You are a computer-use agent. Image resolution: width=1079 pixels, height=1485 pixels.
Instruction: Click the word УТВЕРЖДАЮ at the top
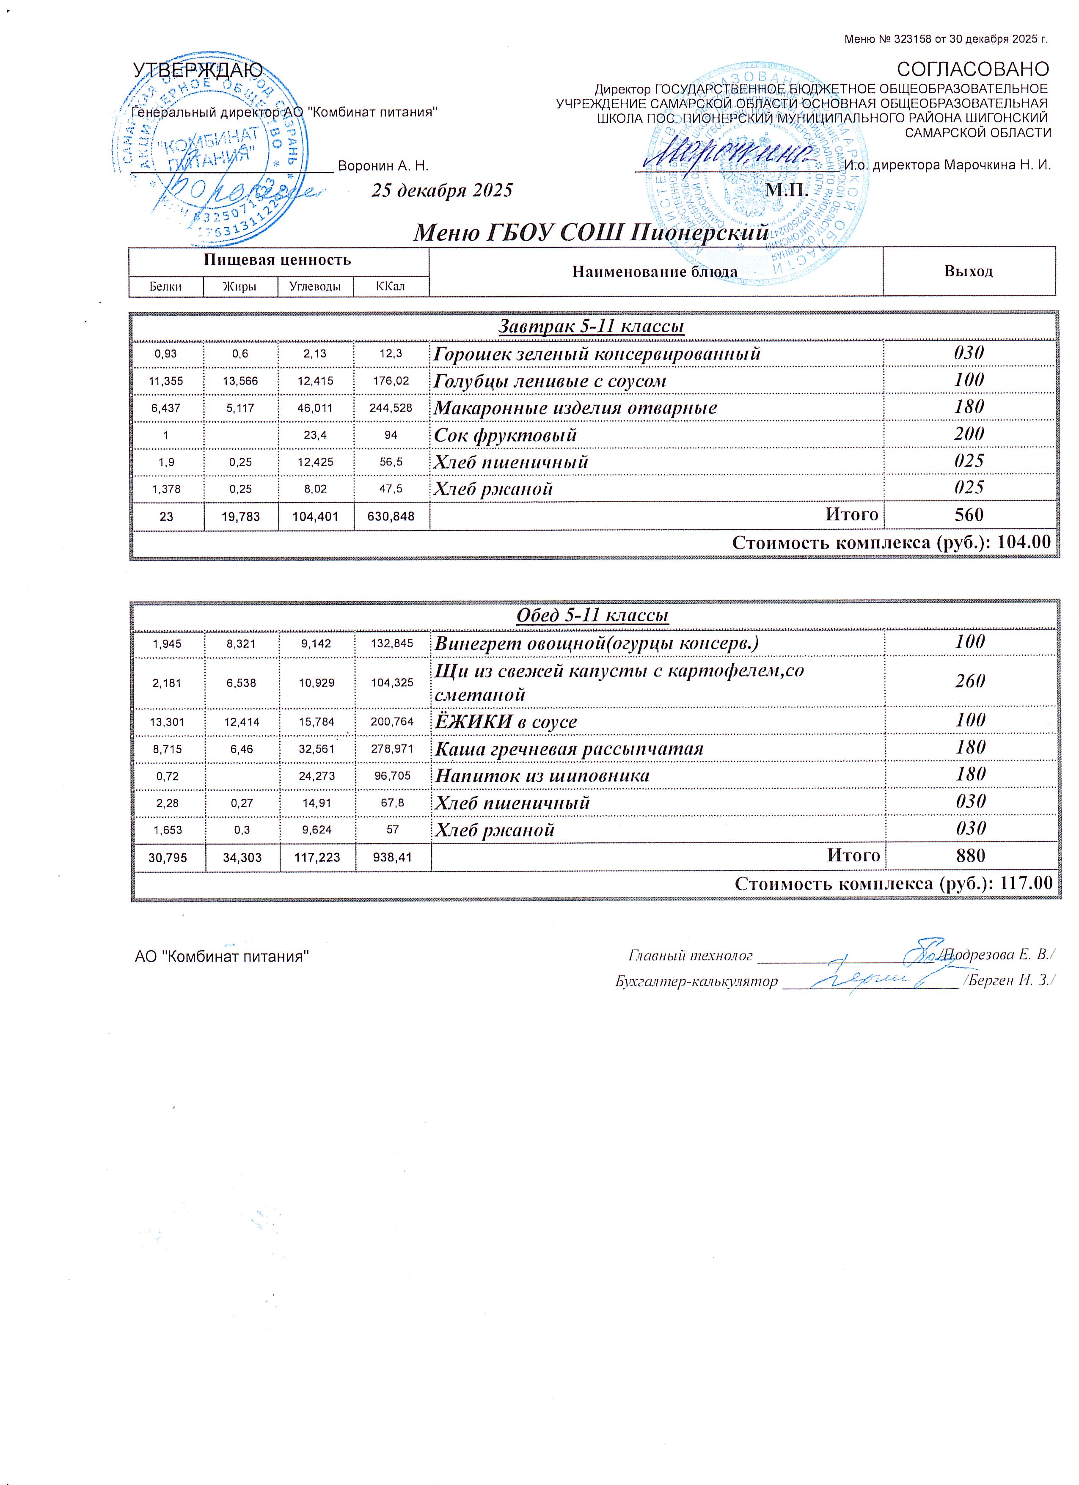(x=198, y=70)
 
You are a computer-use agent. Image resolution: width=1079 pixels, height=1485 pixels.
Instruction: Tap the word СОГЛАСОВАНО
(x=972, y=69)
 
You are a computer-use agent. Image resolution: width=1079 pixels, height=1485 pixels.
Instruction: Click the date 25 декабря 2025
(x=442, y=190)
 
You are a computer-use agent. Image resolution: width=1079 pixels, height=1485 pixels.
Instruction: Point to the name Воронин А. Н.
(x=383, y=166)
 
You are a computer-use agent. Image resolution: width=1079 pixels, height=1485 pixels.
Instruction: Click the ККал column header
(x=391, y=286)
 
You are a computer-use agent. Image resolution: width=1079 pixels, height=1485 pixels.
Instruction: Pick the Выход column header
(x=969, y=271)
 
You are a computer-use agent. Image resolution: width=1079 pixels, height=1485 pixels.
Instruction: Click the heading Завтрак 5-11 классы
(x=592, y=326)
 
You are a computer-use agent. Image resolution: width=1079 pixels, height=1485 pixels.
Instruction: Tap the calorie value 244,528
(x=391, y=408)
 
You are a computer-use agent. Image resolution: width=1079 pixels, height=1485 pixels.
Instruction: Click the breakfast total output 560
(x=969, y=514)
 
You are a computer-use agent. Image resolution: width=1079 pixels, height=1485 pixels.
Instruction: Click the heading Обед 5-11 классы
(x=592, y=616)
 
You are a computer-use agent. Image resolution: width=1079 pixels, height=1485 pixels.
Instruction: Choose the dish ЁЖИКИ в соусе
(x=506, y=721)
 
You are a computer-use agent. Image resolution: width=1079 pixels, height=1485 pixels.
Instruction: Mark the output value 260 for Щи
(x=970, y=681)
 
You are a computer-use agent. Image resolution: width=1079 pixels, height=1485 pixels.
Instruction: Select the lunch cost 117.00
(x=1026, y=883)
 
